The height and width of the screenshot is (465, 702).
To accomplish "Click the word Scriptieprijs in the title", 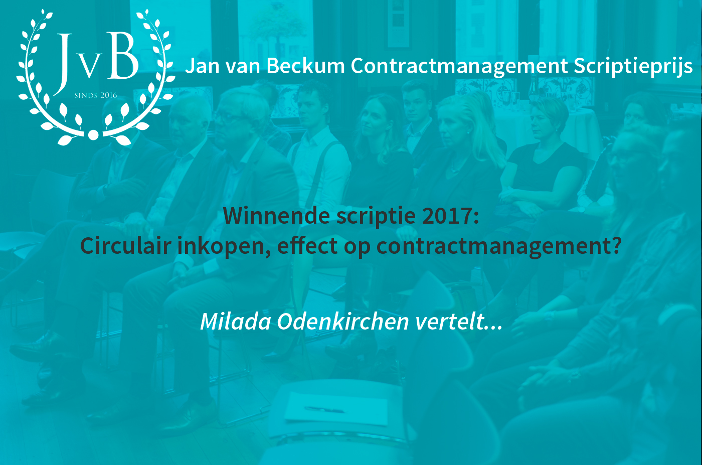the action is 633,67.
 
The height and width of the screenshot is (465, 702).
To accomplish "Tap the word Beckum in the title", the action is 305,65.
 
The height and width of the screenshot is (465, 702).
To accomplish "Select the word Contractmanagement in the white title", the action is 459,67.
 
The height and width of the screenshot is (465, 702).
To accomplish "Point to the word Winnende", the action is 276,216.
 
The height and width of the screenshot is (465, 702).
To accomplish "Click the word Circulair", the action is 126,245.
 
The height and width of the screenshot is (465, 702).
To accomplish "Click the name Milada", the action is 236,321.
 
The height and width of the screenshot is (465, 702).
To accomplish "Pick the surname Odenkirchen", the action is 343,321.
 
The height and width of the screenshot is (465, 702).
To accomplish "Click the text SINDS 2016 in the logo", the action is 96,95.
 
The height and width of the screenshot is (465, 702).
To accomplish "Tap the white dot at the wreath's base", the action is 93,135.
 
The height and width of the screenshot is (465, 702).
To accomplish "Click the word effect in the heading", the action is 307,245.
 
